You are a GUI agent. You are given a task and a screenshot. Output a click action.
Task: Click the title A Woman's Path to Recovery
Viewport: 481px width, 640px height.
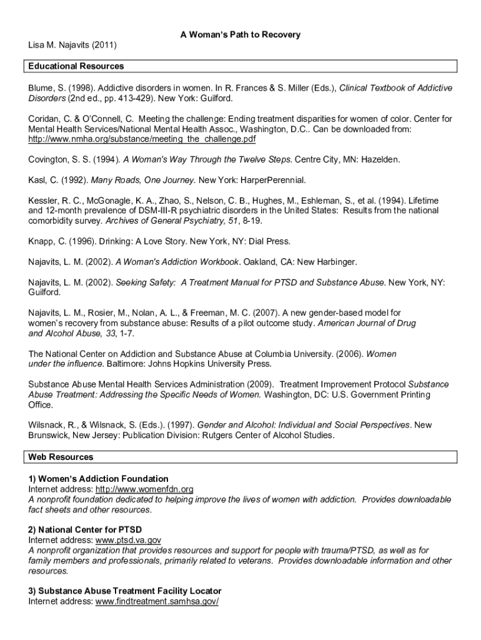click(x=241, y=34)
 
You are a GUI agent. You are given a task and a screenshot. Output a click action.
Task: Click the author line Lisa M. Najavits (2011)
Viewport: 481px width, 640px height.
click(x=72, y=46)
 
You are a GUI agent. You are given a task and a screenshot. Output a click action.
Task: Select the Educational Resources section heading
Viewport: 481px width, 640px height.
click(x=76, y=66)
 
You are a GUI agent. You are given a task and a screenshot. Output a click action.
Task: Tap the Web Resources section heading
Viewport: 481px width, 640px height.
click(x=61, y=457)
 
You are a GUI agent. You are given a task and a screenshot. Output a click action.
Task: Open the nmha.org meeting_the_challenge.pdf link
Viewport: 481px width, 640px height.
click(x=142, y=138)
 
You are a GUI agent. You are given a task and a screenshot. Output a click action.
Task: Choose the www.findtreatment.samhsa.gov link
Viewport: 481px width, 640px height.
click(x=156, y=601)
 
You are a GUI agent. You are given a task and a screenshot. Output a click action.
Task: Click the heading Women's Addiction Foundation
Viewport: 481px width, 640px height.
click(x=98, y=479)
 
